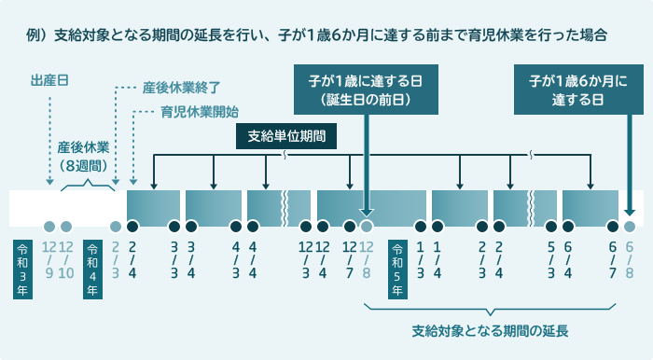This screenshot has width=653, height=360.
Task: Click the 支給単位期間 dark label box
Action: (x=285, y=136)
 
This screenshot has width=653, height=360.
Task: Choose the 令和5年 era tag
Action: (x=397, y=269)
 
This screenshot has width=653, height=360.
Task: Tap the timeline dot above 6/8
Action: (x=630, y=227)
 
